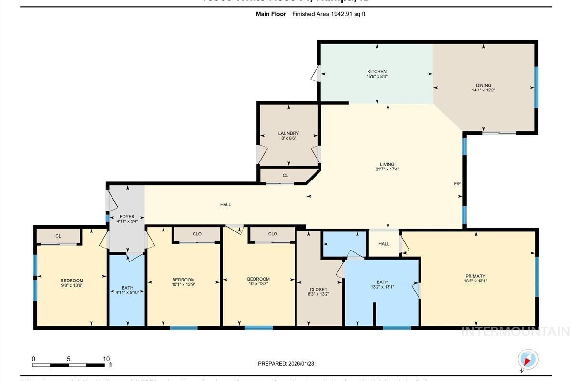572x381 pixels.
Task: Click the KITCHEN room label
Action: click(377, 72)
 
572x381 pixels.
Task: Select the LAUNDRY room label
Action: click(288, 133)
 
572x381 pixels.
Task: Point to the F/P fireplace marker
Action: click(457, 183)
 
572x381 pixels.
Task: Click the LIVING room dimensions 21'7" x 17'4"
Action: click(387, 169)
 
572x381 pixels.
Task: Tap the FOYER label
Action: click(127, 217)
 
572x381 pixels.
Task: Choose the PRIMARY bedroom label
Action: click(475, 276)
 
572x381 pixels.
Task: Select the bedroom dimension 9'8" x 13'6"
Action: click(71, 286)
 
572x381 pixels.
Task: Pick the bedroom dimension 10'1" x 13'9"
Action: click(183, 285)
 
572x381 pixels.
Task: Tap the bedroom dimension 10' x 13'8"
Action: click(258, 284)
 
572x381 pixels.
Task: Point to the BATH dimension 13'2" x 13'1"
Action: click(382, 287)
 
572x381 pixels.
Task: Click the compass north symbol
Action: click(527, 360)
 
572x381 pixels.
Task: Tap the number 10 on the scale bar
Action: click(106, 359)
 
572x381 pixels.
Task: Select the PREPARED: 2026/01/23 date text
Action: click(286, 364)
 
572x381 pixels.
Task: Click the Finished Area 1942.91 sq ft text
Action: click(328, 14)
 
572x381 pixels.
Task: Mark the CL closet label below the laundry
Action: click(285, 176)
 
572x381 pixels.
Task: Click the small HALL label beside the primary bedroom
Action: click(384, 244)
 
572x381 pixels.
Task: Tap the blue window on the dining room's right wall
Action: click(536, 87)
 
